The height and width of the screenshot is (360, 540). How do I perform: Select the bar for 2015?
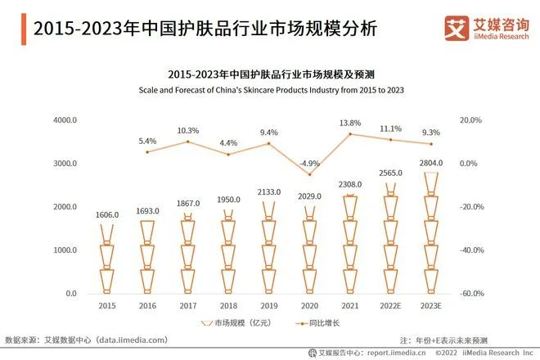[107, 259]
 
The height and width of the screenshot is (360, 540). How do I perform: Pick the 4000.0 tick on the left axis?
[65, 120]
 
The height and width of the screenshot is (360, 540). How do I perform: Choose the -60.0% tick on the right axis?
[474, 294]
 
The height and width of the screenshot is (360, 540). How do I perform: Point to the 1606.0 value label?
[107, 214]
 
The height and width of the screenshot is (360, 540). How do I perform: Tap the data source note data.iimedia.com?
[86, 340]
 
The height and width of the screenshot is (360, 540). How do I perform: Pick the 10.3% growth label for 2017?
[188, 130]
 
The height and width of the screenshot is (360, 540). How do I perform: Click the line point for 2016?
[147, 152]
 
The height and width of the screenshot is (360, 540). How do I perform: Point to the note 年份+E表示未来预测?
[443, 340]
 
